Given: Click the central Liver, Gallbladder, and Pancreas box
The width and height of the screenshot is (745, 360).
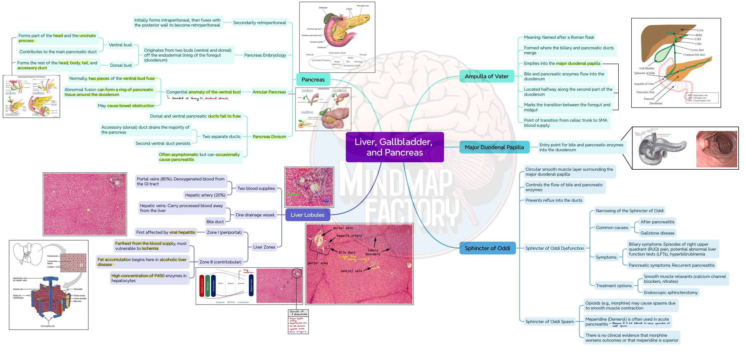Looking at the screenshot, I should (x=394, y=147).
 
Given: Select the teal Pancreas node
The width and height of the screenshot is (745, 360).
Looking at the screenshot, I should (x=313, y=80).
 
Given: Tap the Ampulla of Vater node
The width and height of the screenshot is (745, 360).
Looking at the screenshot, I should (x=486, y=76).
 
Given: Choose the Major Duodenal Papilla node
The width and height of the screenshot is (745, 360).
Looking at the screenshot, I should (x=494, y=147).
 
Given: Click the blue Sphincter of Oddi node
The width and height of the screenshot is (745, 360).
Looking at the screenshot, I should (x=487, y=248).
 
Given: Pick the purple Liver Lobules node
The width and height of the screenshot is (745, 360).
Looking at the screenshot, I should (x=307, y=215).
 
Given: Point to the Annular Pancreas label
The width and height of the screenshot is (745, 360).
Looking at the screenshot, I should (x=269, y=92).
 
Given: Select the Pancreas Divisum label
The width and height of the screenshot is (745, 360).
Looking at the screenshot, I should (x=269, y=136).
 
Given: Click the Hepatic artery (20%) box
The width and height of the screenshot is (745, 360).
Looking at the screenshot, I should (x=205, y=195).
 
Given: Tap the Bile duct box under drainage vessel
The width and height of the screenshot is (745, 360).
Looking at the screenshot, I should (x=215, y=221).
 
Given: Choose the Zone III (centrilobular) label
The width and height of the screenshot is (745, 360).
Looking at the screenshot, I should (x=220, y=262).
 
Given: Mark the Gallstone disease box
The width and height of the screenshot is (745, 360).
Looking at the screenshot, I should (x=657, y=233).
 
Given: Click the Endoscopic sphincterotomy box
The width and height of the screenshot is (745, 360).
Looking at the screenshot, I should (x=671, y=293).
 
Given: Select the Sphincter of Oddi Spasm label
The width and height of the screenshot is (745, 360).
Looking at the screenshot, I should (x=549, y=321).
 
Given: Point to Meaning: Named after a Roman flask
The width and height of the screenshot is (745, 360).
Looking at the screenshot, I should (x=559, y=37).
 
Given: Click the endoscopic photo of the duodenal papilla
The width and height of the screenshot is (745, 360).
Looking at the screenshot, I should (x=716, y=149).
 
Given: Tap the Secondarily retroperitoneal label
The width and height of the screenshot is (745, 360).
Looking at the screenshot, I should (x=260, y=23).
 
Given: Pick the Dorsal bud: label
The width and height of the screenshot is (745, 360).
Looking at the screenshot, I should (x=121, y=65).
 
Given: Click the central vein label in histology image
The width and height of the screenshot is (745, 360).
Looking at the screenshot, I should (x=351, y=271).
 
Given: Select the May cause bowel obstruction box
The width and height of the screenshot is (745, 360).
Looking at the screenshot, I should (x=126, y=106).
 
